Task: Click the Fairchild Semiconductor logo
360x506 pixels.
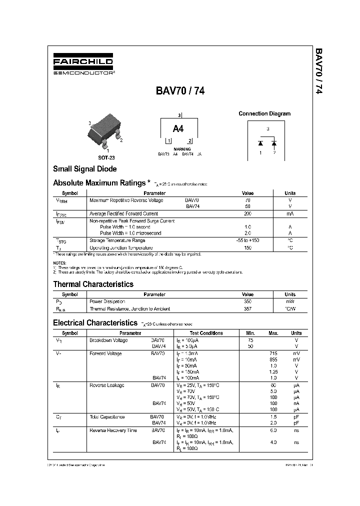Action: (83, 65)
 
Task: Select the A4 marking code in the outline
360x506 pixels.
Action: (179, 128)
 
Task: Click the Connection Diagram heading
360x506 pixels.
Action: (264, 113)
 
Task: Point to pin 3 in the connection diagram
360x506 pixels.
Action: (267, 129)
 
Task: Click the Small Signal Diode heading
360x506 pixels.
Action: (84, 169)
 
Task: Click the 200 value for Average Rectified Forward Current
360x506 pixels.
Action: (247, 213)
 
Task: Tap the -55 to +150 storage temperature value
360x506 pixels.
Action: (247, 240)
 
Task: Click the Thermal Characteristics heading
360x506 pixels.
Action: (93, 284)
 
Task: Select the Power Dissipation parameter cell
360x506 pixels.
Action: (107, 301)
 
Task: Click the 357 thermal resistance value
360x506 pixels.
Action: (247, 308)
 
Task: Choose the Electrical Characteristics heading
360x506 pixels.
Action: (95, 323)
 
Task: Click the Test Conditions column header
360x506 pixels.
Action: (206, 333)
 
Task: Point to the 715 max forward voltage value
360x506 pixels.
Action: (273, 353)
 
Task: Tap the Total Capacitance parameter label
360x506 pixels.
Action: (106, 416)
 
